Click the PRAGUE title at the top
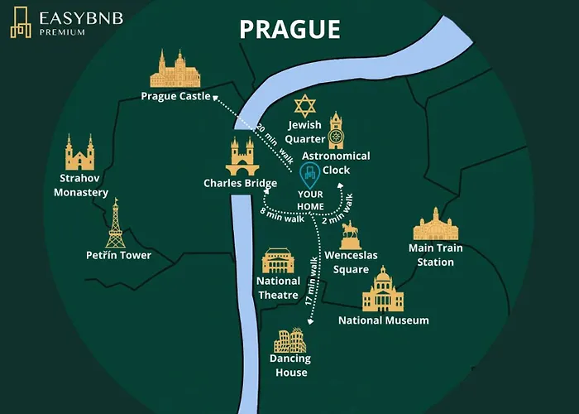coord(289,29)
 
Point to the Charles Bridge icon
coord(242,156)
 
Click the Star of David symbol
coord(305,106)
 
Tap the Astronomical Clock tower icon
coord(335,130)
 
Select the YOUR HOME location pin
coord(310,174)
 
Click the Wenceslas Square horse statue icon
coord(351,234)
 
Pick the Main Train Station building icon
coord(435,224)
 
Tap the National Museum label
coord(384,320)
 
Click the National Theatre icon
coord(278,262)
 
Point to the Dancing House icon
coord(290,339)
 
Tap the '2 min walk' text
coord(337,210)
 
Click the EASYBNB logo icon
coord(21,23)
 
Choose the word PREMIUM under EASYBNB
coord(61,32)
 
